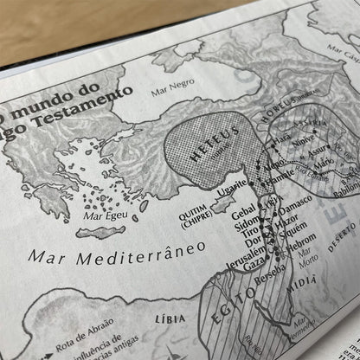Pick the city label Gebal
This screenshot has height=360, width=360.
tap(246, 211)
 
